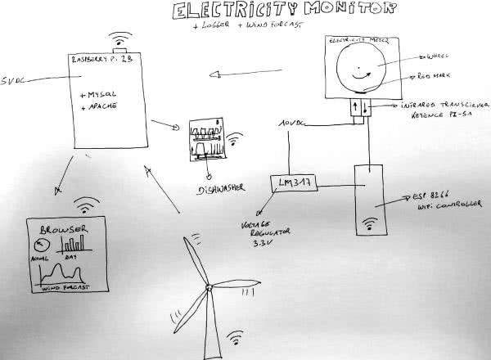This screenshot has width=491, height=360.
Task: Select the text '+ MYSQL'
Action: coord(100,96)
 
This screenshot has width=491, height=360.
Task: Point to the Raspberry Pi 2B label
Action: coord(101,61)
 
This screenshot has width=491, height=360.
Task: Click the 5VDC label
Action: coord(16,82)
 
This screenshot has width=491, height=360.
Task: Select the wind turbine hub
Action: coord(209,288)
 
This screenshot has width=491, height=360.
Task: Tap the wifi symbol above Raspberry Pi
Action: coord(120,40)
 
